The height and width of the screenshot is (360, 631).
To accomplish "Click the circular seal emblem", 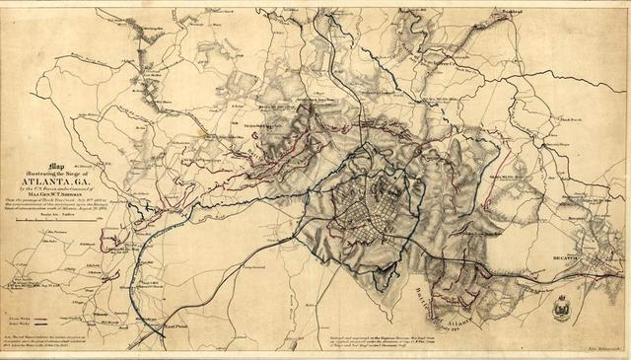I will click(561, 307).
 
